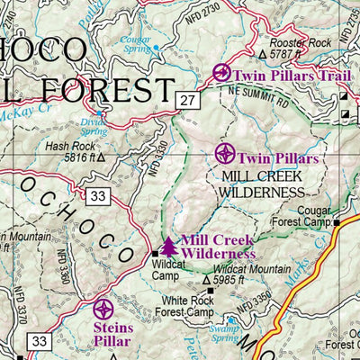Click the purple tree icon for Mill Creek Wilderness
168,246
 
